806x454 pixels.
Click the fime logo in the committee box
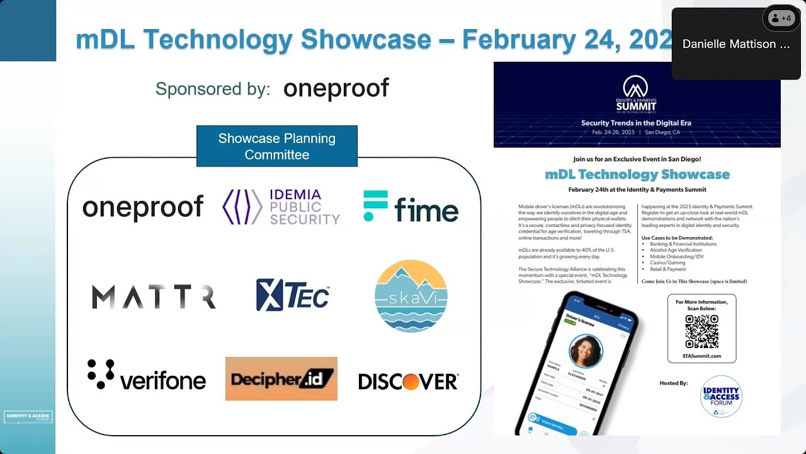(411, 207)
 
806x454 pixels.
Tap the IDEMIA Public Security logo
(281, 207)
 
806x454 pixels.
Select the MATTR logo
(154, 297)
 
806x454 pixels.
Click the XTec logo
(293, 295)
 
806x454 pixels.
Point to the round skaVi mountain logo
(411, 296)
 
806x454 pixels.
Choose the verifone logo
(147, 376)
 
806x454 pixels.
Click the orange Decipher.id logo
(281, 378)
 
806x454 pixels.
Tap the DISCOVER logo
(408, 381)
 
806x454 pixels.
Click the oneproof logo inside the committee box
(143, 207)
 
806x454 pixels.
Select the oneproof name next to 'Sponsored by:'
(336, 88)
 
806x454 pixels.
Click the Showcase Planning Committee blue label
(277, 146)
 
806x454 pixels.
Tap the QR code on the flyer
(701, 331)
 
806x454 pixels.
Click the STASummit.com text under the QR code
(701, 356)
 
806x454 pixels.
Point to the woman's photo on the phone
(586, 351)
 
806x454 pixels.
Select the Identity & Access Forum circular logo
(722, 397)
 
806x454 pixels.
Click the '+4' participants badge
(781, 18)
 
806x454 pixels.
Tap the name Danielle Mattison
(735, 44)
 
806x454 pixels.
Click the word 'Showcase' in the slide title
(365, 39)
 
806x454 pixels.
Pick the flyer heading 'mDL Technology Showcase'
(637, 175)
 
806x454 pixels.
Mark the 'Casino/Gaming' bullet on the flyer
(667, 262)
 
